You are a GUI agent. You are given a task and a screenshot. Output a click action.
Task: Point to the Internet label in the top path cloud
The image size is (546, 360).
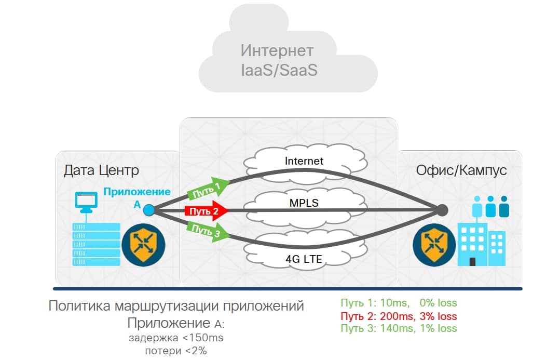pyautogui.click(x=304, y=161)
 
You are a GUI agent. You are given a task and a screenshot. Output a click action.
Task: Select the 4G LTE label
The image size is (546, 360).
pyautogui.click(x=304, y=258)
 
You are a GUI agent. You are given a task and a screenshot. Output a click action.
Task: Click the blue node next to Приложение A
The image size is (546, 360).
pyautogui.click(x=149, y=210)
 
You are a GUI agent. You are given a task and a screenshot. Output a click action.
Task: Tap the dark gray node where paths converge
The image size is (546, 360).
pyautogui.click(x=442, y=210)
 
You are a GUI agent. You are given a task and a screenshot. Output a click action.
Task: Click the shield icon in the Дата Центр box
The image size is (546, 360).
pyautogui.click(x=143, y=245)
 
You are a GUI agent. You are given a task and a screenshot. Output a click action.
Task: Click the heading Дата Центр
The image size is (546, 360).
pyautogui.click(x=101, y=170)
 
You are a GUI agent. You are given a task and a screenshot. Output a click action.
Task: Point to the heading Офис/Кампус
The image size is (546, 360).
pyautogui.click(x=461, y=170)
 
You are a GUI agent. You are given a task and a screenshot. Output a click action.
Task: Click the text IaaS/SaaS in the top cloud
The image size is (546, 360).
pyautogui.click(x=279, y=70)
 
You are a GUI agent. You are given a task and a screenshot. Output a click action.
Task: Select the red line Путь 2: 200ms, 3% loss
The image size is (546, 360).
pyautogui.click(x=399, y=316)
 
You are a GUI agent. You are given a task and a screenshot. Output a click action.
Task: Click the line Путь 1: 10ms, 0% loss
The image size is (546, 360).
pyautogui.click(x=399, y=303)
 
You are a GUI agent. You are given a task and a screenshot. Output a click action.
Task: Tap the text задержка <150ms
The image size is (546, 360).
pyautogui.click(x=176, y=339)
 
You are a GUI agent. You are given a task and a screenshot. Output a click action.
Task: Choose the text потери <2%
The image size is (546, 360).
pyautogui.click(x=176, y=351)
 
